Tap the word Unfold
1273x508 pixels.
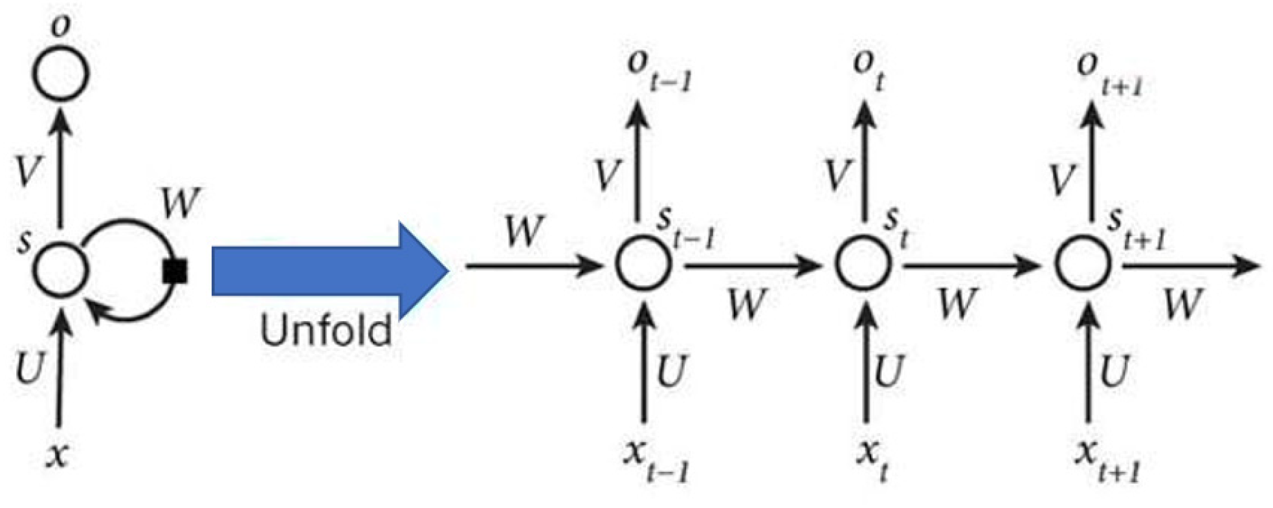tap(326, 330)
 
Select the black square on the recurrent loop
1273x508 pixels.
tap(175, 271)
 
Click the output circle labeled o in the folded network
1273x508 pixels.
tap(61, 72)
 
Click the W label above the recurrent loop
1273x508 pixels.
tap(181, 203)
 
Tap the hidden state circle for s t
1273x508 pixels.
tap(863, 264)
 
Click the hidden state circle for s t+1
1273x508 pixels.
tap(1083, 264)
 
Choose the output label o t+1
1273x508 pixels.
tap(1109, 72)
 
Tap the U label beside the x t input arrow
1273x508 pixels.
tap(888, 371)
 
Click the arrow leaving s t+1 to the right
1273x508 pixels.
tap(1191, 265)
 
